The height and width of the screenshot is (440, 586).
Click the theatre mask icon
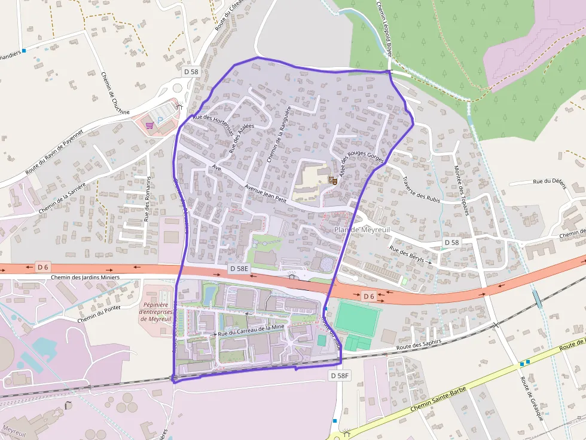point(332,180)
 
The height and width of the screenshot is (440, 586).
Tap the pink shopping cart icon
point(149,125)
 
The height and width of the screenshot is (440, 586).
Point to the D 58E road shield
point(239,269)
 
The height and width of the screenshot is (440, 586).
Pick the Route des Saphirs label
point(419,345)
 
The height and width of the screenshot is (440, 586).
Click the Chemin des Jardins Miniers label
point(86,277)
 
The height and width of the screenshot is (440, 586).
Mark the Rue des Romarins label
point(147,199)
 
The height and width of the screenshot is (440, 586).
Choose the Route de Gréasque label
point(532,398)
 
